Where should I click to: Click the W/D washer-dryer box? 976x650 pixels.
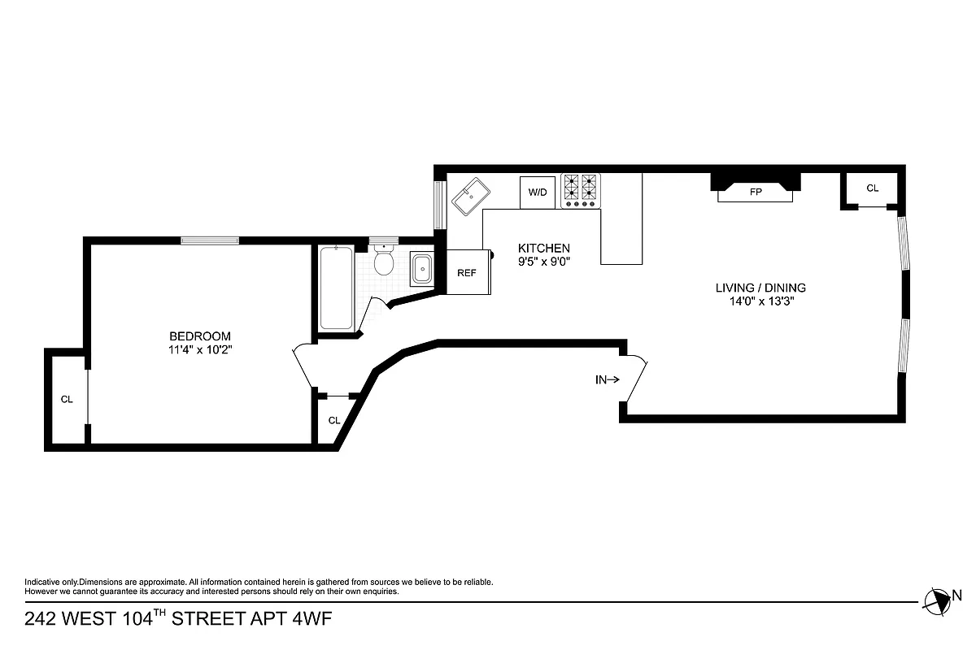[538, 193]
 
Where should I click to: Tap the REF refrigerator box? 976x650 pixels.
[466, 273]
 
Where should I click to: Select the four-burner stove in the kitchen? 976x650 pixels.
[580, 190]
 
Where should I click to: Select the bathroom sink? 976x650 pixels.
[421, 269]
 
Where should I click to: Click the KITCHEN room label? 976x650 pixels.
[544, 249]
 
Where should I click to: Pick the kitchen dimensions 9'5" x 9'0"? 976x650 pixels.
[544, 262]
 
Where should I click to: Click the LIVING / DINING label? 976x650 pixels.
[760, 288]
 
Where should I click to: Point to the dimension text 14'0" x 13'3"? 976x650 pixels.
[760, 301]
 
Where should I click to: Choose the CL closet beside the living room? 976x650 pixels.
[872, 188]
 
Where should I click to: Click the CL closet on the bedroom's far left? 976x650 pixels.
[67, 399]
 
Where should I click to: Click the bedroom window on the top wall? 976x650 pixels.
[210, 240]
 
